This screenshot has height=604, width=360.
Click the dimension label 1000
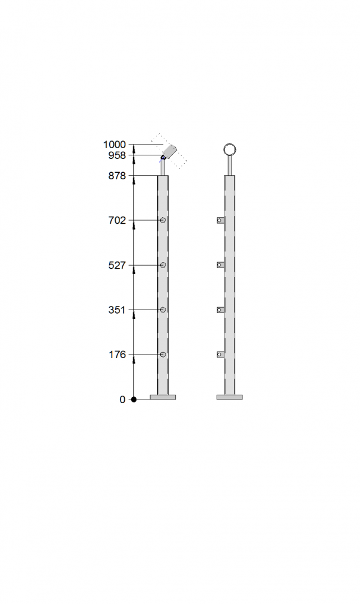(x=115, y=145)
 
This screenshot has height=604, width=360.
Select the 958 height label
(x=117, y=155)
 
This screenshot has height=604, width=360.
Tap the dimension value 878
(x=117, y=176)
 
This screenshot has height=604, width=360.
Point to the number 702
(x=117, y=220)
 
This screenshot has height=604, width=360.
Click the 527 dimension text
(x=117, y=265)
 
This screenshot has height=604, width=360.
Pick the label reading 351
(x=117, y=309)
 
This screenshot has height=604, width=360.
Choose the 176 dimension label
(x=117, y=354)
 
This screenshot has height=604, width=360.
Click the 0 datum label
(x=122, y=399)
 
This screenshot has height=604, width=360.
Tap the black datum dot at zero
(x=134, y=399)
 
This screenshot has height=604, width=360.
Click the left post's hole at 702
(x=163, y=220)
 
